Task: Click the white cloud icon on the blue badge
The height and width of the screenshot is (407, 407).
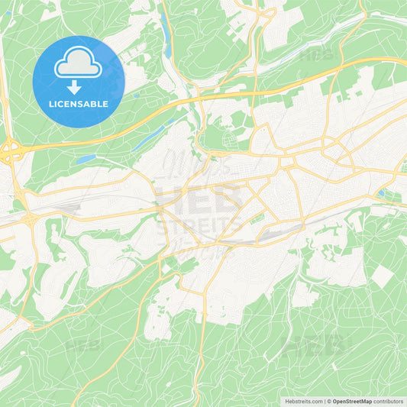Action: pos(79,62)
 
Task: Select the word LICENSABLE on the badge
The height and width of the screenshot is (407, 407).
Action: pos(79,104)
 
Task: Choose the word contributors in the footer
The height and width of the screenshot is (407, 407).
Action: pos(389,400)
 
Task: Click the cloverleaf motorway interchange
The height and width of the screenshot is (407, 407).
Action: pos(11,151)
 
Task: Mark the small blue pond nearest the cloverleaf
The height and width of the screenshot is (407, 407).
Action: pos(86,159)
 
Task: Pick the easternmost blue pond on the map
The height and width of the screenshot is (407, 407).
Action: pos(380,194)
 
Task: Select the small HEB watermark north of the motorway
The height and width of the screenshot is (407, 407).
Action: pos(315,55)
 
